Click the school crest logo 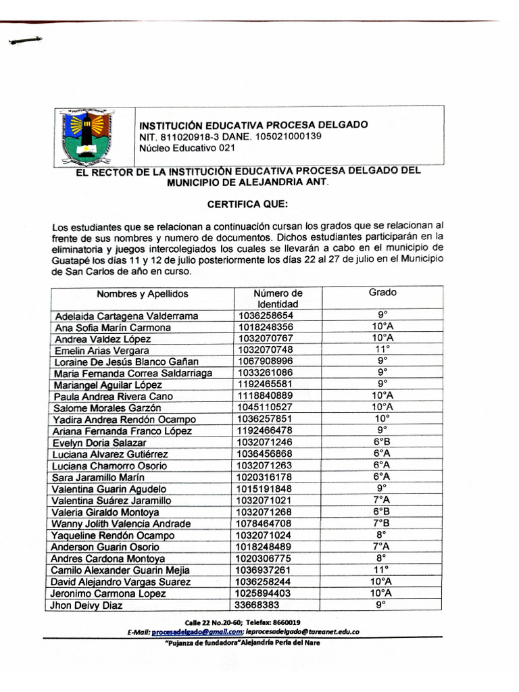tap(86, 137)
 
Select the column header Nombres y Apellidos tap(143, 294)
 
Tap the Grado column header tap(382, 293)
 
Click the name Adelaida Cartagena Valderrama tap(126, 316)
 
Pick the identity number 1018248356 tap(266, 327)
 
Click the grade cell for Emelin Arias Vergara tap(382, 349)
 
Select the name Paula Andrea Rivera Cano tap(114, 396)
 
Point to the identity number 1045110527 tap(266, 407)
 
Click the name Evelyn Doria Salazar tap(100, 443)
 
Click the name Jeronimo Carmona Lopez tap(109, 593)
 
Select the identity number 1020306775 tap(266, 558)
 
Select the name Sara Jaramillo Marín tap(99, 477)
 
